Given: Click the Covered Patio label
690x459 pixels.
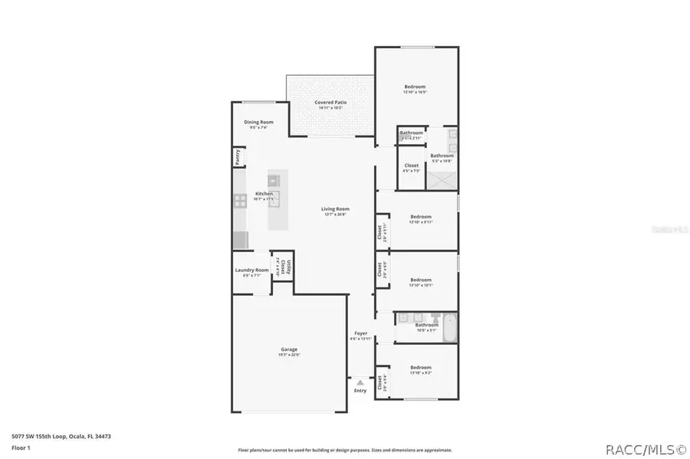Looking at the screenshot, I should (x=330, y=102).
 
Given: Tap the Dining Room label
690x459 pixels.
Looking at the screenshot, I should (x=258, y=123).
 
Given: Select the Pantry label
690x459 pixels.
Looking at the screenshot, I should (x=238, y=157).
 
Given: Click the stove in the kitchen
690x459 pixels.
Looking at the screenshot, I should (x=239, y=202).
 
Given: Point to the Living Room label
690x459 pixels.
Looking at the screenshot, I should (x=335, y=208).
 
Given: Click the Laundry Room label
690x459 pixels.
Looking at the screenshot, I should (x=251, y=270).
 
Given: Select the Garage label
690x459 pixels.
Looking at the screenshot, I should (x=288, y=349).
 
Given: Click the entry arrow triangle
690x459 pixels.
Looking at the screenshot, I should (x=360, y=382).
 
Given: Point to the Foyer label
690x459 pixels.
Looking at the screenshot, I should (x=360, y=333).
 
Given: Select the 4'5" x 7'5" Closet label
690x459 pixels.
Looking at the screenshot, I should (x=412, y=166).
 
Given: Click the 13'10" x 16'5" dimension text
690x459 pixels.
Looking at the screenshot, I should (x=415, y=92).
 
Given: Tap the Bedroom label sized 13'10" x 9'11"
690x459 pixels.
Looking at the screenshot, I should (x=421, y=217).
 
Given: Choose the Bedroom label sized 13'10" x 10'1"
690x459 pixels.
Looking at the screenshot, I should (x=421, y=280).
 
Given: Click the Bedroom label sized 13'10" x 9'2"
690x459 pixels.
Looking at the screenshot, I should (x=421, y=367).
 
